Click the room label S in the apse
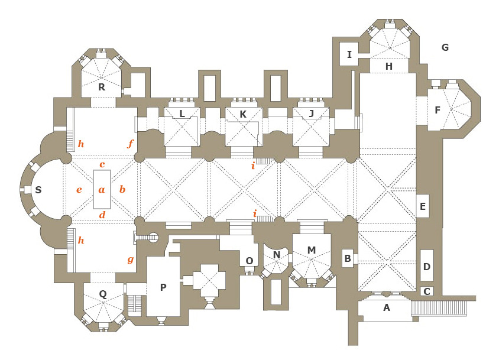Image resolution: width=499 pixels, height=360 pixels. [x=38, y=190]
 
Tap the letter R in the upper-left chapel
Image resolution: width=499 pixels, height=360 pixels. [x=102, y=87]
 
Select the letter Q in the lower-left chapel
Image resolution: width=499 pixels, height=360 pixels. [x=103, y=293]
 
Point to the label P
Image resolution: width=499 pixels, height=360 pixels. [x=163, y=287]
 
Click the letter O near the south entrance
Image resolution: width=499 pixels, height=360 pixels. [x=249, y=261]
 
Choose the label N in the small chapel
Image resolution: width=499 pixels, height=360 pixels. [x=276, y=255]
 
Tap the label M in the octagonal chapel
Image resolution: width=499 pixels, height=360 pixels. [x=311, y=250]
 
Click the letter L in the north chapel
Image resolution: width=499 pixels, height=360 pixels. [x=182, y=113]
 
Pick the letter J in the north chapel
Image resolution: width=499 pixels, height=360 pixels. [x=311, y=113]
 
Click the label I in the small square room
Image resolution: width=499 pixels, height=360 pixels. [x=349, y=55]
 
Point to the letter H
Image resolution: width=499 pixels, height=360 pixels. [x=388, y=66]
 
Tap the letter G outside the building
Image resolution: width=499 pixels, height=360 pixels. [x=445, y=47]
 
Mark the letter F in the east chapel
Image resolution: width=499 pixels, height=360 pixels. [x=438, y=110]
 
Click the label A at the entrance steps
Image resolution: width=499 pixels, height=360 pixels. [x=387, y=307]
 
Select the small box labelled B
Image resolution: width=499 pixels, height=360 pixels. [x=348, y=258]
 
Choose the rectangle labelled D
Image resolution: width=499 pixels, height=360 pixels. [x=426, y=267]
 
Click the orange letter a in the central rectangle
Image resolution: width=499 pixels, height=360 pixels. [x=102, y=190]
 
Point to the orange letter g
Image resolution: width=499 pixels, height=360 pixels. [x=130, y=260]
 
